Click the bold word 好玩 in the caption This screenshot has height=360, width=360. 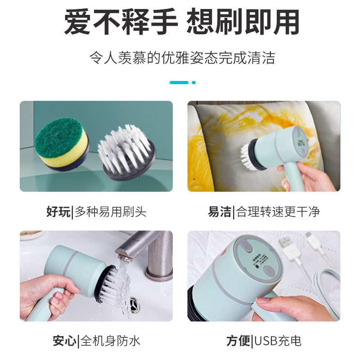point(58,211)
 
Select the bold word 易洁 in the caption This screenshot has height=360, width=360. point(220,211)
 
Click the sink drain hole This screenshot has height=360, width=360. point(134,305)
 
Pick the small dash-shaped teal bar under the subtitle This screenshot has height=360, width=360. point(179,82)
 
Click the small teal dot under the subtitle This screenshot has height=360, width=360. point(193,82)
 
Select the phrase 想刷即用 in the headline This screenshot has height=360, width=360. point(243,22)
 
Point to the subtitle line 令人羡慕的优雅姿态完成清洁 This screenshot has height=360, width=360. point(180,58)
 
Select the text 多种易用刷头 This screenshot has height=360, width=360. point(111,211)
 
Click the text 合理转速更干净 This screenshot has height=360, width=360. point(278,211)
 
